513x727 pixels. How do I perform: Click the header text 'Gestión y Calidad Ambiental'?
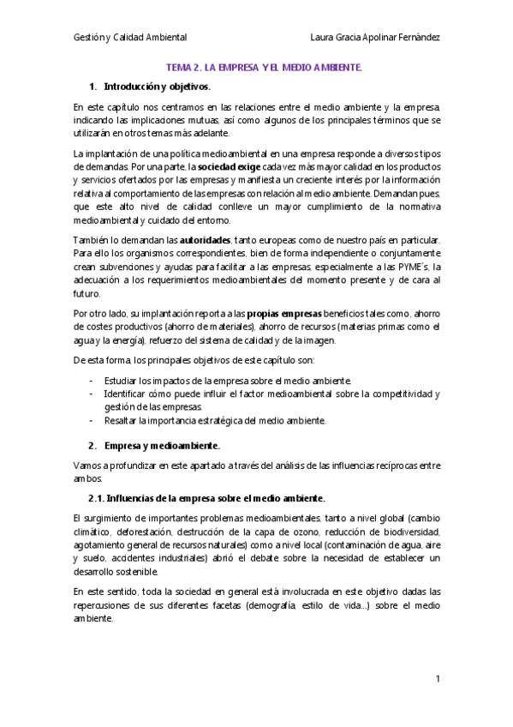tap(130, 38)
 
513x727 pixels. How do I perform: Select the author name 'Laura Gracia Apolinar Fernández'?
tap(376, 38)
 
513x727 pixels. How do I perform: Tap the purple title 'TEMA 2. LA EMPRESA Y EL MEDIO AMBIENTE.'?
tap(264, 67)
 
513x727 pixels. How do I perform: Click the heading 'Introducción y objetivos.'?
tap(157, 87)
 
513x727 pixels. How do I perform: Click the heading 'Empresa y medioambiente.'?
tap(162, 446)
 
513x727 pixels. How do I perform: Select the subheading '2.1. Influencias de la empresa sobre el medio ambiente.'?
tap(206, 498)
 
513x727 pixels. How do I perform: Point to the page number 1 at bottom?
tap(437, 679)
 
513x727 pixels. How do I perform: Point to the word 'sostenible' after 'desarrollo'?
tap(128, 571)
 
